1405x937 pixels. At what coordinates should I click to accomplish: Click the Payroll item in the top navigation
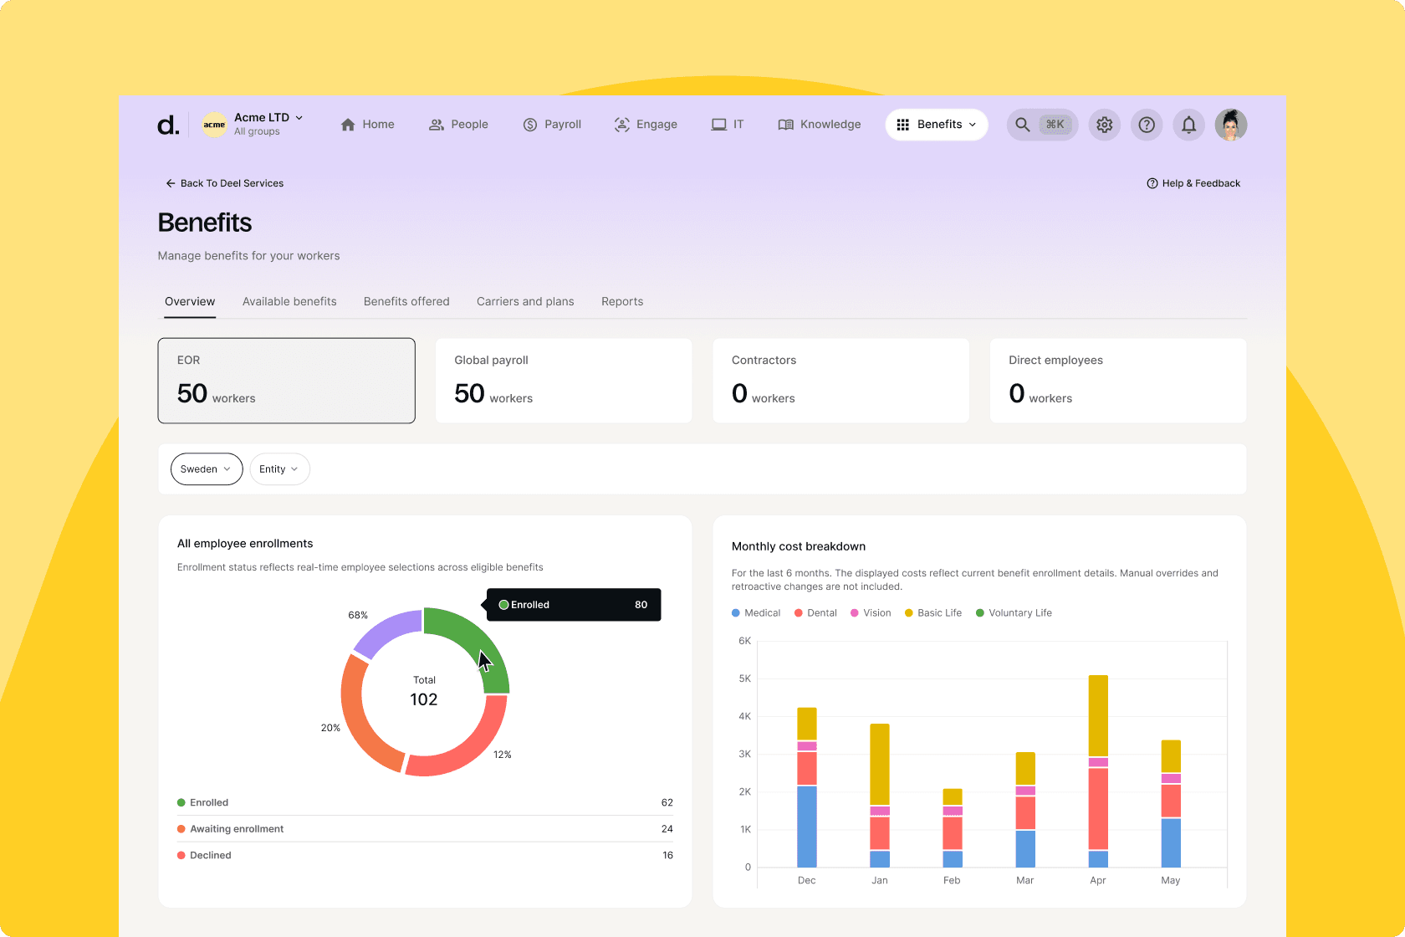pos(552,125)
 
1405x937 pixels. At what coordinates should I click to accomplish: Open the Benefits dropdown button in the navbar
pos(936,125)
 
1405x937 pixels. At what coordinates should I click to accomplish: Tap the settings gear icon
pos(1104,125)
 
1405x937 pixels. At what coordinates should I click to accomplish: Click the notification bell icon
pos(1188,125)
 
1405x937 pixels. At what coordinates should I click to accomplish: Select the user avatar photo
pos(1230,125)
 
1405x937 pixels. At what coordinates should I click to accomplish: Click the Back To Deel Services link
pos(224,183)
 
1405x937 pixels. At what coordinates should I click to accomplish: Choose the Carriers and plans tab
pos(525,301)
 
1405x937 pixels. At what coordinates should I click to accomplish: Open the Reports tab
pos(622,301)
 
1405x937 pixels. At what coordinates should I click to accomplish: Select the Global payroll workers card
pos(564,381)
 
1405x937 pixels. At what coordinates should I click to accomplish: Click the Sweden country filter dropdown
pos(206,469)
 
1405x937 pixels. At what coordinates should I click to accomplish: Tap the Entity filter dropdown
pos(279,469)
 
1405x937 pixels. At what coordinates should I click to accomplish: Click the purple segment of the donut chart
pos(386,632)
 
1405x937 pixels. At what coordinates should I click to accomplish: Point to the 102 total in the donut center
pos(424,699)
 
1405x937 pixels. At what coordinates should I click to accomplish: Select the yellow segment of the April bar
pos(1098,715)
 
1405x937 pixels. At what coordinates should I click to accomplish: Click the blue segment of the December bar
pos(807,826)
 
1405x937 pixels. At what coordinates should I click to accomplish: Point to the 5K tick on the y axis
pos(744,678)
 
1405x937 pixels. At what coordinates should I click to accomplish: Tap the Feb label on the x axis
pos(952,880)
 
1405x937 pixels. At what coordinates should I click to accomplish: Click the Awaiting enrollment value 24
pos(667,829)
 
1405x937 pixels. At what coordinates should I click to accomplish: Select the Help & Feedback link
pos(1193,183)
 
